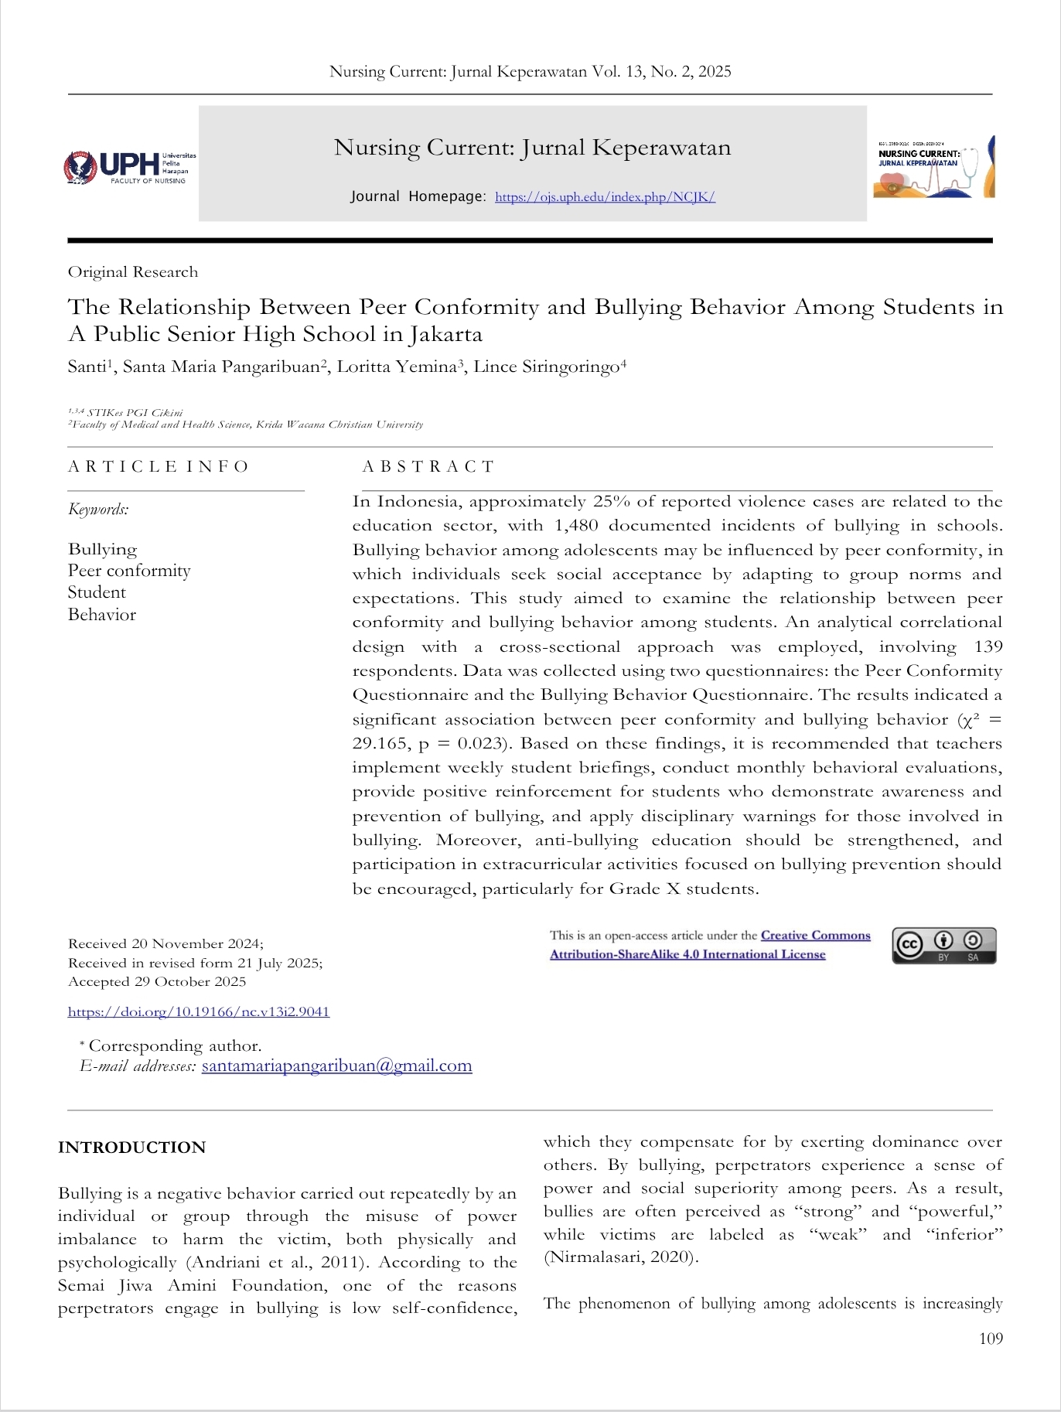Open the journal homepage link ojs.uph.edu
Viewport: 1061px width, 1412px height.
click(605, 197)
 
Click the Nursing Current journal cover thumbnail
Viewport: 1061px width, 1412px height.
click(933, 167)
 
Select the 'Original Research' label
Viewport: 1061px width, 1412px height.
click(133, 272)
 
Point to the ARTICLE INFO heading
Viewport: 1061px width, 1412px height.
click(159, 466)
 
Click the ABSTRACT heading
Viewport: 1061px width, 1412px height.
click(428, 466)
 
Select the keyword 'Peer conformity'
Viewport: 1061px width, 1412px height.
click(129, 571)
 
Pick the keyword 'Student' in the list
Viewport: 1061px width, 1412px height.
click(97, 592)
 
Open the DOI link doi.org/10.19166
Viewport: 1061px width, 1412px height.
click(199, 1011)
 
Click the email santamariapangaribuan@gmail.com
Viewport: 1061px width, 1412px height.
click(336, 1066)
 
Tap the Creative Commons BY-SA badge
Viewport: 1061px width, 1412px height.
click(943, 945)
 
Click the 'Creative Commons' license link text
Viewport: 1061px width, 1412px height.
click(815, 936)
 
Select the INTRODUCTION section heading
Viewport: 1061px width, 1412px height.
click(132, 1148)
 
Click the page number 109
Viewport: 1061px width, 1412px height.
click(991, 1339)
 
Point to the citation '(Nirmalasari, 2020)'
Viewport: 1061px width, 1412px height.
click(621, 1257)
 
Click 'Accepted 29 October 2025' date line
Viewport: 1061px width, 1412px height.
click(157, 982)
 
